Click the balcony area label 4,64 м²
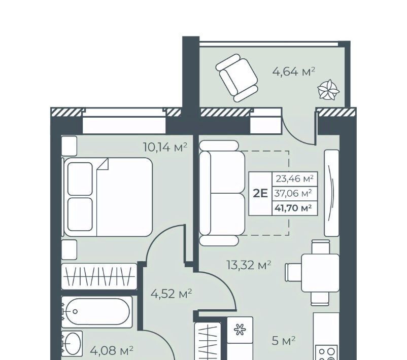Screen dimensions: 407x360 [293, 71]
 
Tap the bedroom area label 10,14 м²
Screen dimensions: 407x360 [165, 148]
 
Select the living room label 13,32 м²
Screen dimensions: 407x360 [249, 265]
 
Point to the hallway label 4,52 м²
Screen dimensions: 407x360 [172, 294]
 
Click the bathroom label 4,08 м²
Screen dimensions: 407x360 [112, 351]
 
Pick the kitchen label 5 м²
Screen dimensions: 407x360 [284, 341]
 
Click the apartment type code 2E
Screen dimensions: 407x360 [260, 194]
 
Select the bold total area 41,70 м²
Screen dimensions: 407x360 [293, 208]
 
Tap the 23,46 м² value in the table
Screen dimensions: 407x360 [295, 178]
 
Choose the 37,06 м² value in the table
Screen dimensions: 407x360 [293, 193]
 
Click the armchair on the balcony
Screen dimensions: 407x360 [236, 78]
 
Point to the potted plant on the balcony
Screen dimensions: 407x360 [328, 90]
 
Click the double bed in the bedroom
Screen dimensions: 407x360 [108, 197]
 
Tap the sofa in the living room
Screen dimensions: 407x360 [222, 193]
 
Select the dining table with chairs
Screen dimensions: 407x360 [313, 273]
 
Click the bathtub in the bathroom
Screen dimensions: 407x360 [97, 311]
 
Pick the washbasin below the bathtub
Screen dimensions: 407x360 [72, 343]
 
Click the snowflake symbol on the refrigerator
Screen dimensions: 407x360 [240, 330]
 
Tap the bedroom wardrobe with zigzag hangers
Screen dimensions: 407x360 [99, 276]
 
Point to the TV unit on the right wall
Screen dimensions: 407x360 [332, 193]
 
